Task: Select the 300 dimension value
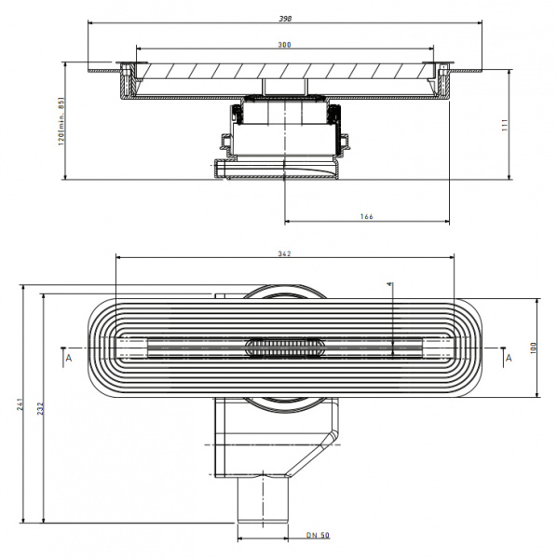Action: click(283, 44)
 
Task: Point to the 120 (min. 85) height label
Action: click(62, 122)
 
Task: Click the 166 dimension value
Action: click(366, 216)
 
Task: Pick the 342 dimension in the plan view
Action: click(284, 253)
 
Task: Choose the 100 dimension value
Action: click(533, 347)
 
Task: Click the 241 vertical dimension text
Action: click(20, 404)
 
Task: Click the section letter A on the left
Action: click(67, 356)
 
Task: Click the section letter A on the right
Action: click(508, 356)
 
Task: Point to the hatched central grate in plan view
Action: click(284, 347)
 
